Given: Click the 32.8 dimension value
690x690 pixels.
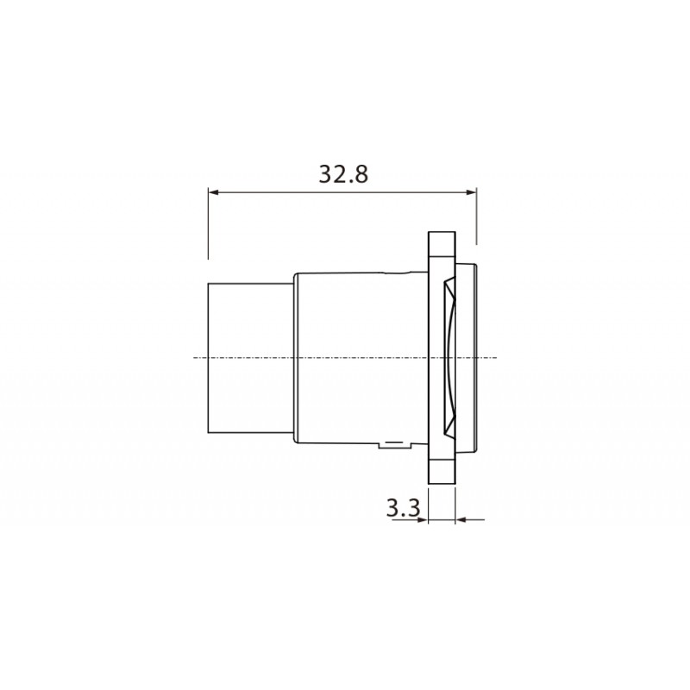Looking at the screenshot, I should coord(343,174).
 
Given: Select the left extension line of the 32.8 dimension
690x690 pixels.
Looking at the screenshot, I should coord(208,224).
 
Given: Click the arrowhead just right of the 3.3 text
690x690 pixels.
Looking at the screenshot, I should coord(423,519).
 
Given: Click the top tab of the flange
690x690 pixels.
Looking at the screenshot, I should coord(441,245).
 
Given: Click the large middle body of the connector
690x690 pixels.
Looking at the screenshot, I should coord(358,357).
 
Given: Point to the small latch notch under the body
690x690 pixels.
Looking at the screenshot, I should coord(396,445).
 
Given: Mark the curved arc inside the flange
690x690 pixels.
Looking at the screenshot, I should coord(451,357).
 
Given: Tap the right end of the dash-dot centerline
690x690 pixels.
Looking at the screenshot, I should coord(497,357).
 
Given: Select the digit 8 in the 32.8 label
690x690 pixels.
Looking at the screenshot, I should coord(361,174).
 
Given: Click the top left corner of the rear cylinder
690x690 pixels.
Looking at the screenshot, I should coord(209,283).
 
